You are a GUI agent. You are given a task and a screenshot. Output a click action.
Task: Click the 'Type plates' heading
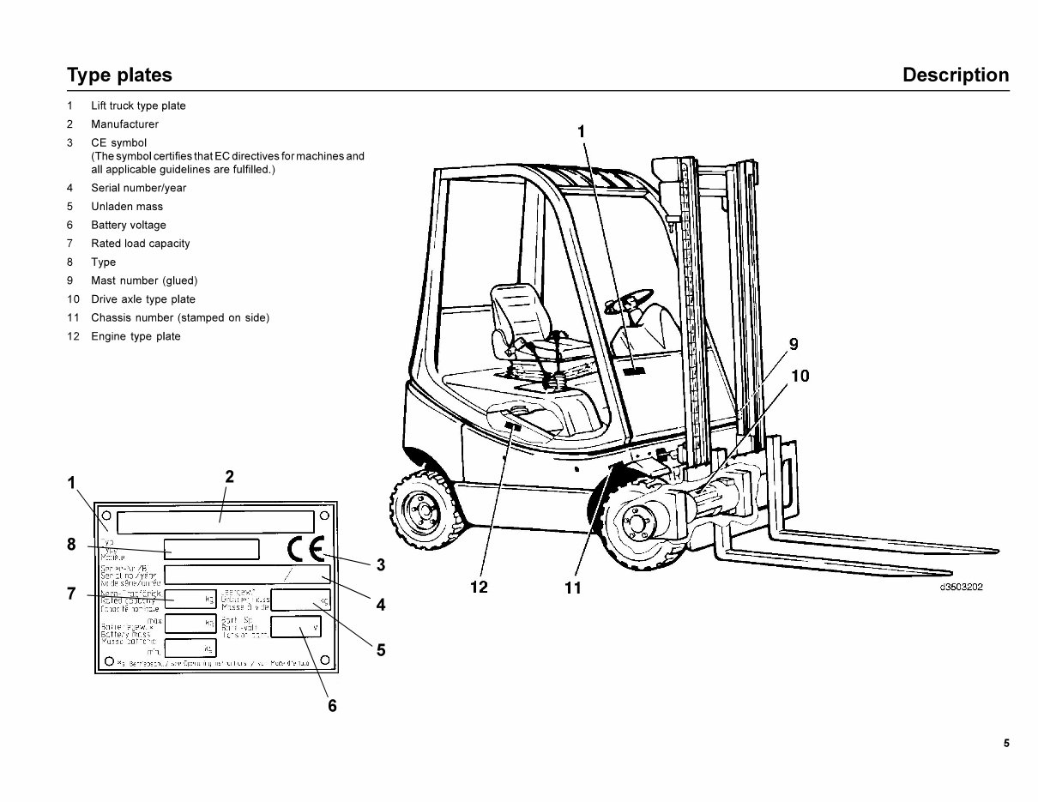pyautogui.click(x=119, y=75)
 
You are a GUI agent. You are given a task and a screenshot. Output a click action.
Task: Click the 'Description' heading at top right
pyautogui.click(x=956, y=75)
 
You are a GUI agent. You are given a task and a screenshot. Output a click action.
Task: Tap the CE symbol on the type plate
pyautogui.click(x=305, y=550)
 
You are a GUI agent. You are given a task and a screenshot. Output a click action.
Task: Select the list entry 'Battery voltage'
pyautogui.click(x=129, y=225)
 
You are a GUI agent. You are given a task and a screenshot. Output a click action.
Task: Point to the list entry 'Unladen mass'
pyautogui.click(x=127, y=207)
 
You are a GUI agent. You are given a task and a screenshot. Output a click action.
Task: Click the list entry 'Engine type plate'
pyautogui.click(x=136, y=336)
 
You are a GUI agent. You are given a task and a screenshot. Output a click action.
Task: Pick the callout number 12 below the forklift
pyautogui.click(x=479, y=588)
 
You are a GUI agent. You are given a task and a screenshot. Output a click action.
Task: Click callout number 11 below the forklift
pyautogui.click(x=573, y=588)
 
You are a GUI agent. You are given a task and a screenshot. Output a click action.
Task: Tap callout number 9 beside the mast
pyautogui.click(x=794, y=344)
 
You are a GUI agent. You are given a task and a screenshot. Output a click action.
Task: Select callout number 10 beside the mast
pyautogui.click(x=800, y=376)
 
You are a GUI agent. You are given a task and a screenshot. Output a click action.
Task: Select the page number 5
pyautogui.click(x=1006, y=744)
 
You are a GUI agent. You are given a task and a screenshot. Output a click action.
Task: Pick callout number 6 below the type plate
pyautogui.click(x=332, y=706)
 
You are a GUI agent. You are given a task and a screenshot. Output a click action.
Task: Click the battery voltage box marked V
pyautogui.click(x=296, y=626)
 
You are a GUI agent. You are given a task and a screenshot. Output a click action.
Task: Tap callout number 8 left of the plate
pyautogui.click(x=72, y=544)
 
